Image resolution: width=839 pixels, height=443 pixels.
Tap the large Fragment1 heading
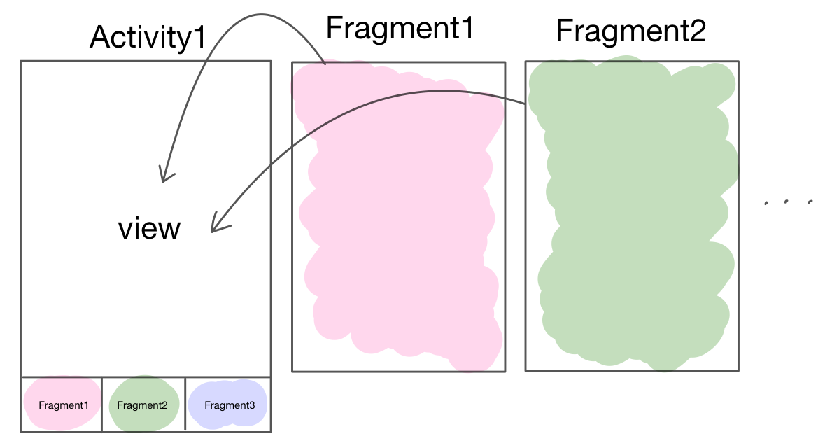coord(400,28)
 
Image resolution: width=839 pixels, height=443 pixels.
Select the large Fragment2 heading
coord(630,31)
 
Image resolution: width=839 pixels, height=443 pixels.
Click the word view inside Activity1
coord(149,228)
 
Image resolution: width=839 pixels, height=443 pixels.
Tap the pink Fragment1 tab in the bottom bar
coord(62,404)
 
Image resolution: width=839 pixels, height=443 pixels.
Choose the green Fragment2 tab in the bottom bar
coord(143,404)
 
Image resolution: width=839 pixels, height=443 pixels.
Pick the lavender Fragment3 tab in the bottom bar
coord(228,404)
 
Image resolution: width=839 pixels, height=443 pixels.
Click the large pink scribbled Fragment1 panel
coord(398,217)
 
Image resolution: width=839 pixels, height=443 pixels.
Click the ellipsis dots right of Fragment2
coord(788,203)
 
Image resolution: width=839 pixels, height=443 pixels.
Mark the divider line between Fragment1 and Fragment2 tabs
coord(102,404)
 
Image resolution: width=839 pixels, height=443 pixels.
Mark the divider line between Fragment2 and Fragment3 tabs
coord(185,404)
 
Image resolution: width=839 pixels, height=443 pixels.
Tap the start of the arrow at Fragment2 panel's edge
coord(526,104)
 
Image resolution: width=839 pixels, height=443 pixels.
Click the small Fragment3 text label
coord(230,405)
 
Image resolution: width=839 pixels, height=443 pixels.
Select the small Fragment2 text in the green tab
coord(142,405)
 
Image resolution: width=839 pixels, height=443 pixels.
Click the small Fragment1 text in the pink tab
coord(64,405)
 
